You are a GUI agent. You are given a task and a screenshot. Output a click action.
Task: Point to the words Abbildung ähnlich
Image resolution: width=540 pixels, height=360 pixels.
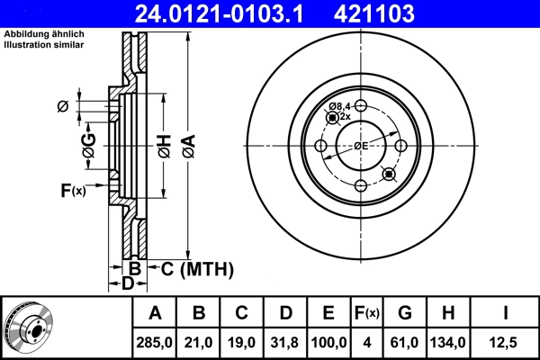pyautogui.click(x=44, y=33)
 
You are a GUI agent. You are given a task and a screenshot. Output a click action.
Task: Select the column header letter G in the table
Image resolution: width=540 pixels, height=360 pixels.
pyautogui.click(x=405, y=313)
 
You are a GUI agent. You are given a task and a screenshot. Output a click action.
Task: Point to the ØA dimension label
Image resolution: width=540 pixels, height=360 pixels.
pyautogui.click(x=187, y=146)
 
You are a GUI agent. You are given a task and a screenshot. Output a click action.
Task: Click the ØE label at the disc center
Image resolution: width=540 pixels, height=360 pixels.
pyautogui.click(x=360, y=146)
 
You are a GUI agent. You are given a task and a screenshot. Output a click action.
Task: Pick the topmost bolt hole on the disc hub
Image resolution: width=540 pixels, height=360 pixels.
pyautogui.click(x=360, y=106)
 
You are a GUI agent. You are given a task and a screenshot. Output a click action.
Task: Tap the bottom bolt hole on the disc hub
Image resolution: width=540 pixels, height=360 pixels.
pyautogui.click(x=360, y=185)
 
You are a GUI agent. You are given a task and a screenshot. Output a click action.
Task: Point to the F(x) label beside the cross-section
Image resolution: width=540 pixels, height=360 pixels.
pyautogui.click(x=72, y=190)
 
